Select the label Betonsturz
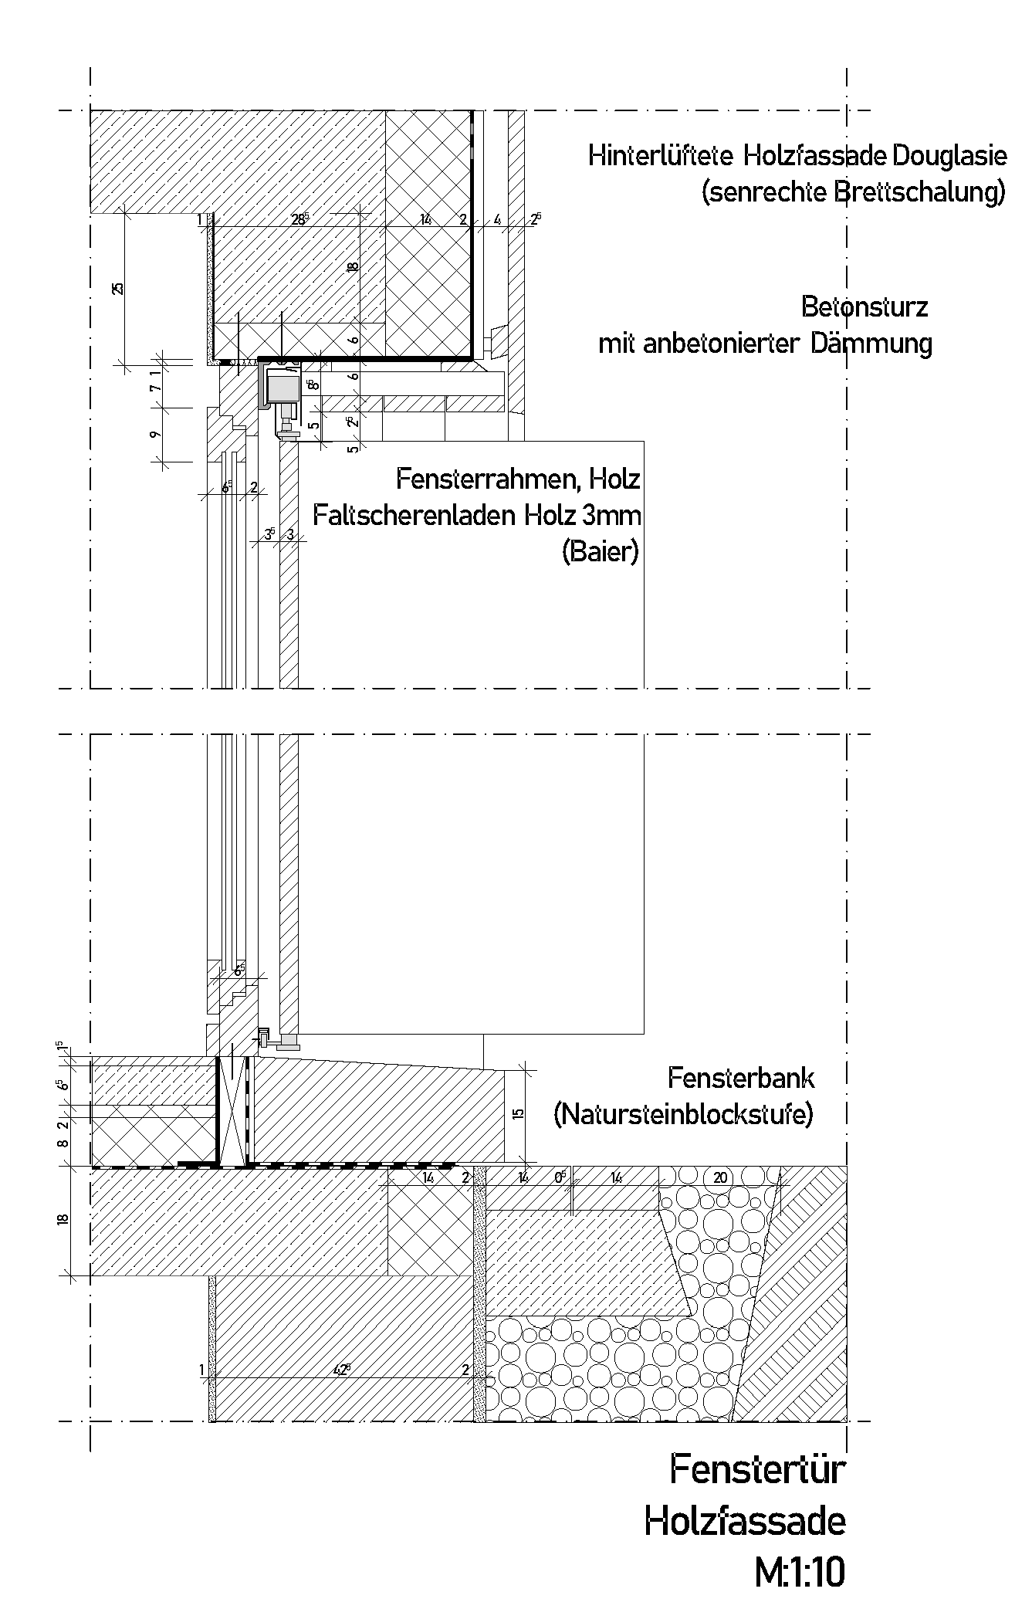point(865,307)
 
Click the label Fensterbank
point(741,1078)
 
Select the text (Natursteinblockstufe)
point(683,1114)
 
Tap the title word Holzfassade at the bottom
point(745,1521)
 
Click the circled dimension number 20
point(720,1178)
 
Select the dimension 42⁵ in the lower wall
point(342,1370)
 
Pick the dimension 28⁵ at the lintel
point(299,219)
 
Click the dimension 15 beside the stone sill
point(518,1113)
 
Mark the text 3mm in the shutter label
point(613,515)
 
